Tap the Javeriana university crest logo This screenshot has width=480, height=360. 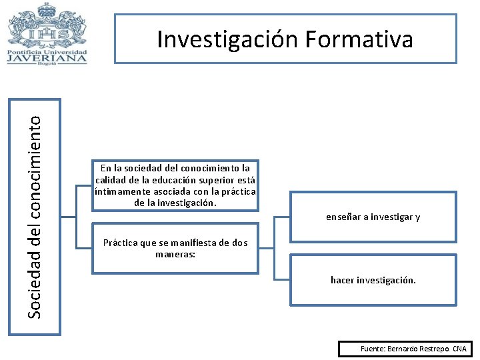pos(46,25)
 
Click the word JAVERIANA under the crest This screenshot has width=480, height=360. pos(47,57)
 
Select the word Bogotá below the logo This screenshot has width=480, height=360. pos(47,65)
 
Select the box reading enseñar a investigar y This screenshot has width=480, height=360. pos(373,217)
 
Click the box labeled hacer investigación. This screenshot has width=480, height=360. pos(373,280)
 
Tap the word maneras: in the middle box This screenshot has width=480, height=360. pos(175,254)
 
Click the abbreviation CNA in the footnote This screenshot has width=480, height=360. pos(459,349)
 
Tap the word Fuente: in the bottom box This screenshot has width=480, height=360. pos(373,349)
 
